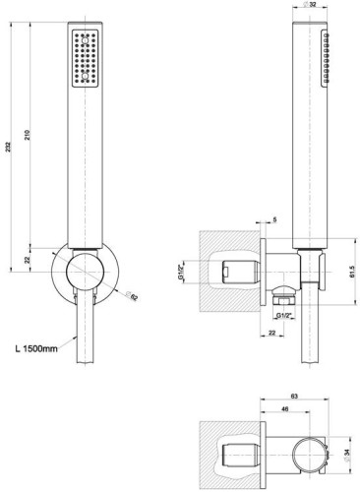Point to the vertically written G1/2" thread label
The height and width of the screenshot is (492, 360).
[x=210, y=267]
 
